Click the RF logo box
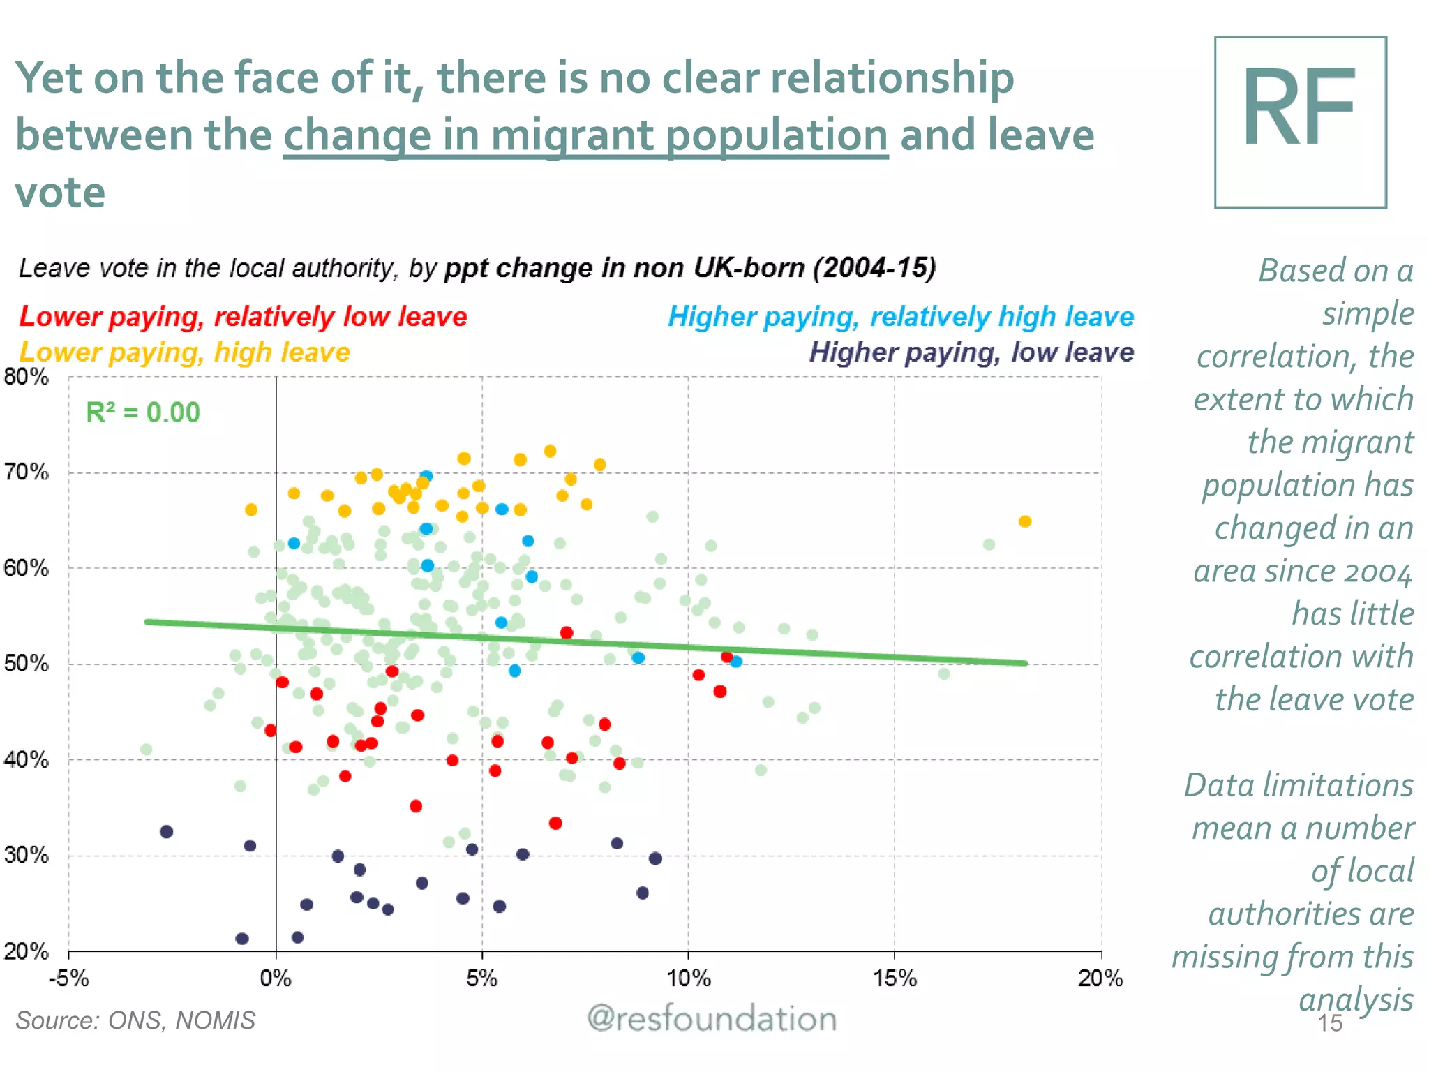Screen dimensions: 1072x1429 point(1300,123)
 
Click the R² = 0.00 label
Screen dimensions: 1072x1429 point(142,412)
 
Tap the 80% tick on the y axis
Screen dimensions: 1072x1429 point(27,377)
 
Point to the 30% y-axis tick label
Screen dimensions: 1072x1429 point(27,855)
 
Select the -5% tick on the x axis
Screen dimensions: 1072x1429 point(68,978)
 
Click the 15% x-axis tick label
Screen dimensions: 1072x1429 point(895,978)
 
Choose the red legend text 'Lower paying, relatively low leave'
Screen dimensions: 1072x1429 point(243,317)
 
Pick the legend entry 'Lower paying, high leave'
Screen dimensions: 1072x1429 point(184,352)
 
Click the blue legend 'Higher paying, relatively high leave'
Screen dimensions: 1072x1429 point(901,317)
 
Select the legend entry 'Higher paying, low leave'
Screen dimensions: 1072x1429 point(971,352)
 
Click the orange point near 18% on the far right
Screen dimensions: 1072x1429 point(1024,521)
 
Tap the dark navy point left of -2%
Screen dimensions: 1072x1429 point(166,831)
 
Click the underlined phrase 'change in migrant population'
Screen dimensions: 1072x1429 point(585,135)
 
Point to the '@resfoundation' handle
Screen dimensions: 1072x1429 point(712,1019)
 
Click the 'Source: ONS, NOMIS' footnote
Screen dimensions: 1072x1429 point(135,1020)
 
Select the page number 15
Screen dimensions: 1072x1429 point(1330,1023)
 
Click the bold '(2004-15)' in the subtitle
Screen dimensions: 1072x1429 point(874,268)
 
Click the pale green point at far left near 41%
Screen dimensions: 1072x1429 point(147,750)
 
